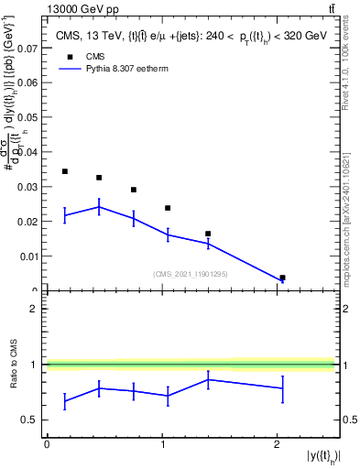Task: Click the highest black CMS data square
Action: [x=64, y=171]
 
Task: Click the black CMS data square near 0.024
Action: [x=168, y=208]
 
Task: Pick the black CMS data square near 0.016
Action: [x=208, y=234]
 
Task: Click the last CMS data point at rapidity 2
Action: [x=282, y=278]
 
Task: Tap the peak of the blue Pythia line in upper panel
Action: [x=99, y=207]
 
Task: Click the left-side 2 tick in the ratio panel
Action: [x=34, y=309]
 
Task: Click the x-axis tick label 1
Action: [x=161, y=444]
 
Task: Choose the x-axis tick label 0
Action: [x=46, y=444]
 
